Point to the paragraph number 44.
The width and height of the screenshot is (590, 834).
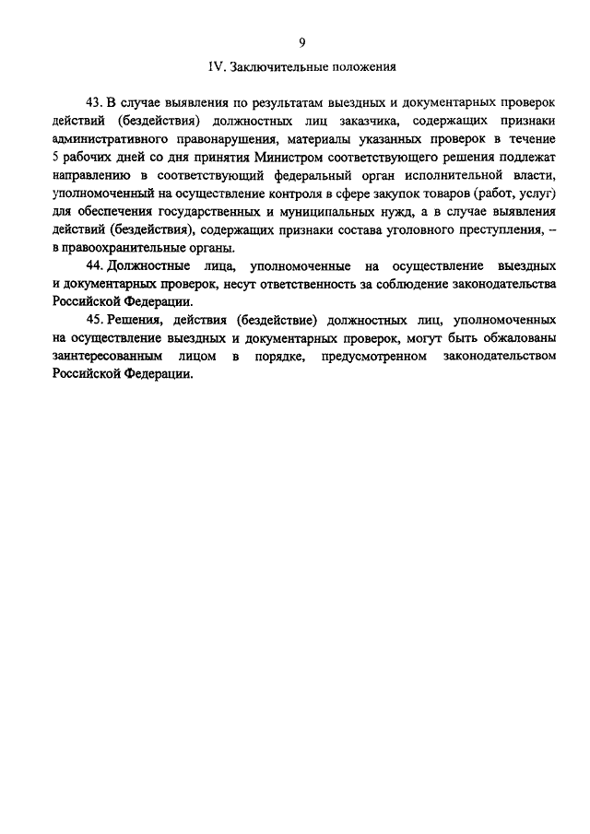[92, 265]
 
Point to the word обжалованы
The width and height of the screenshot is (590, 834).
[514, 338]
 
